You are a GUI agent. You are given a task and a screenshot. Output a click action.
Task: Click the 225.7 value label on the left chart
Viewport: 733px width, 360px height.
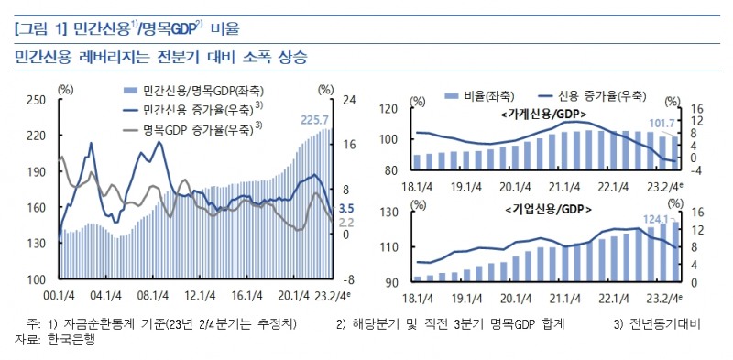pos(316,120)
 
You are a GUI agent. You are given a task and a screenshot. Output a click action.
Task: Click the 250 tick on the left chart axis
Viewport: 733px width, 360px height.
pos(38,100)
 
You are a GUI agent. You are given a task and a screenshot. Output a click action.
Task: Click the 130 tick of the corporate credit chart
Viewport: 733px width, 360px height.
pos(388,213)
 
